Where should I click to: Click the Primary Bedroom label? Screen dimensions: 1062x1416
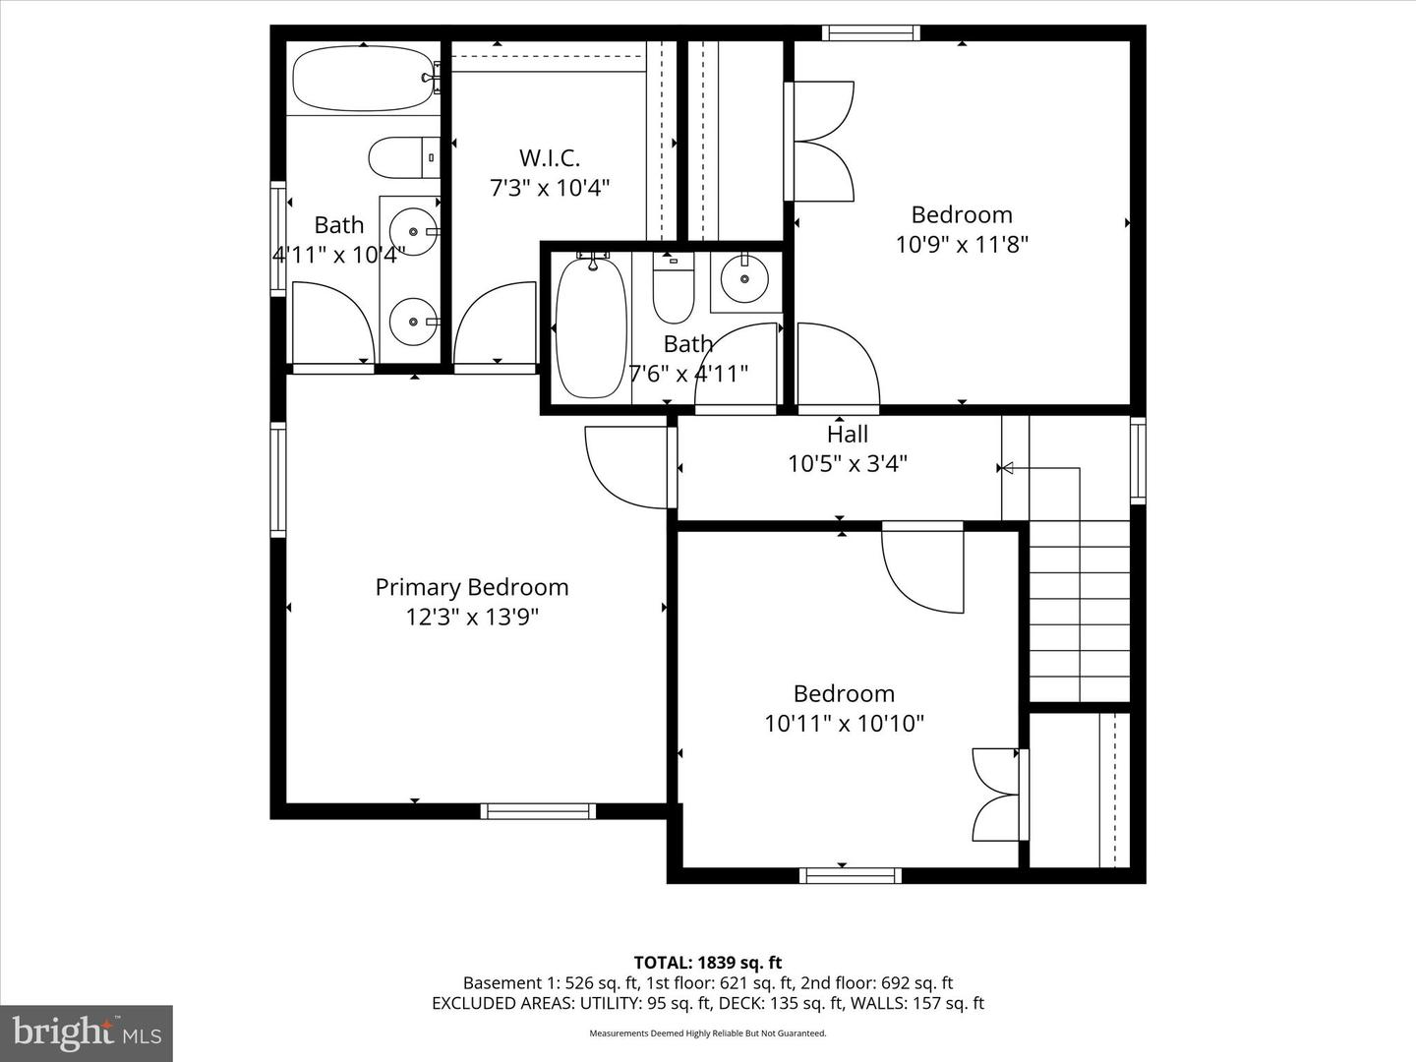(x=472, y=587)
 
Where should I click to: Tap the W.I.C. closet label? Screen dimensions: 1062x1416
(x=550, y=157)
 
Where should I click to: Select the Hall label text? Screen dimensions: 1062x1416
(x=848, y=434)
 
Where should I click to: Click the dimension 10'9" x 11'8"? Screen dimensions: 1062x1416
(x=961, y=244)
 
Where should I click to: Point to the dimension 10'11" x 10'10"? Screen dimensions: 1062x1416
(x=844, y=724)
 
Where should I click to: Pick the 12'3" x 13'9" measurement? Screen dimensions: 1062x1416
(x=472, y=617)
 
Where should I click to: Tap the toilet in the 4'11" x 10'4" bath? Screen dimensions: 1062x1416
(x=403, y=157)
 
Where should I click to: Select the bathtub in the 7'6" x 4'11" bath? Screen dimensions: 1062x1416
(x=591, y=326)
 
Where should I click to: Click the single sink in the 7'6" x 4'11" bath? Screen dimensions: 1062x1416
(x=744, y=279)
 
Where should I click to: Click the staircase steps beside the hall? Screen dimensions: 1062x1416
(x=1079, y=610)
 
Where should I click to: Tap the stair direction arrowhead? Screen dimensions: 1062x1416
(x=1006, y=468)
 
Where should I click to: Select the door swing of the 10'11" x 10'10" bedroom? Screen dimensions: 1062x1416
(x=922, y=570)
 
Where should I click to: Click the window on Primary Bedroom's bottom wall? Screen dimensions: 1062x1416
(x=538, y=811)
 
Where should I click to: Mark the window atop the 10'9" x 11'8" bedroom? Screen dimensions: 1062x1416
(x=871, y=32)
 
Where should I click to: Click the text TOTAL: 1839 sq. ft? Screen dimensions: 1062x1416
(x=707, y=963)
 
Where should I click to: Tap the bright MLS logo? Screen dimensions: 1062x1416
(x=87, y=1032)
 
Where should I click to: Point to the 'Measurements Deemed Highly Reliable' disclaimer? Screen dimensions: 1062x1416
(x=707, y=1033)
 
